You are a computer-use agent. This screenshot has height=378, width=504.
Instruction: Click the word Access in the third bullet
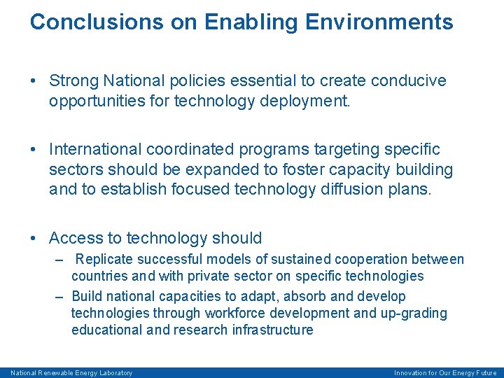[73, 238]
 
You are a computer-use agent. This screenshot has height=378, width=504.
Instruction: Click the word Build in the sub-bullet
[86, 297]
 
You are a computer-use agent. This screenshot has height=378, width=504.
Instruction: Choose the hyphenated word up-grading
[413, 314]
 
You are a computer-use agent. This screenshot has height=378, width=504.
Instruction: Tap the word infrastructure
[272, 330]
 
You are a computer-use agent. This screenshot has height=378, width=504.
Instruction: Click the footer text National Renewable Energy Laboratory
[71, 373]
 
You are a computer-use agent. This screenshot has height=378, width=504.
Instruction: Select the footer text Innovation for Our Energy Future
[445, 373]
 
